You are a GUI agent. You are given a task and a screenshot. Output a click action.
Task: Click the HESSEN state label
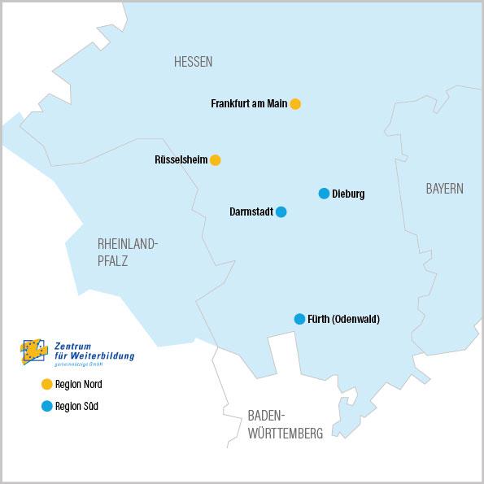pos(193,62)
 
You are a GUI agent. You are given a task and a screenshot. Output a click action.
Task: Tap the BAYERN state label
pos(444,189)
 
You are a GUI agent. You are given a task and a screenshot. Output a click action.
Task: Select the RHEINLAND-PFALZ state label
pos(127,251)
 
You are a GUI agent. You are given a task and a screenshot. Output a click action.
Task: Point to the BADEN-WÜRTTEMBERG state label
pos(285,425)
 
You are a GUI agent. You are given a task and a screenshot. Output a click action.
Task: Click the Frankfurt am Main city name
pos(249,104)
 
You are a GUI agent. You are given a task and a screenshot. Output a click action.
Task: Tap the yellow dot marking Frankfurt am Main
pos(295,104)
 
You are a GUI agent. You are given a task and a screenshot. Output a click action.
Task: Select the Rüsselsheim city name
pos(181,160)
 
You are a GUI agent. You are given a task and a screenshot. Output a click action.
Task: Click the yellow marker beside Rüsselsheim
pos(215,160)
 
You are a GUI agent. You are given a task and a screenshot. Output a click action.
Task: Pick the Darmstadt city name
pos(251,212)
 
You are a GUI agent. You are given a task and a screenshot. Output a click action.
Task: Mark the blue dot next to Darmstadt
pos(281,211)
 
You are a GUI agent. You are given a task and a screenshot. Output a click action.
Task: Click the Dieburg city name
pos(348,194)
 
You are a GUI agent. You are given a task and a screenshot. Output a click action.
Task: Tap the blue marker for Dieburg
pos(324,194)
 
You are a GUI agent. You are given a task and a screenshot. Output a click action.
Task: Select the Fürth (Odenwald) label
pos(343,320)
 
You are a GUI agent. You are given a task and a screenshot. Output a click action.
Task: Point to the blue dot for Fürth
pos(299,319)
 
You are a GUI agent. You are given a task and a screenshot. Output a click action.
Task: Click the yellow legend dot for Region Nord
pos(46,384)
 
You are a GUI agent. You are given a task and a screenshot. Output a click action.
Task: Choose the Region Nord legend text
pos(79,385)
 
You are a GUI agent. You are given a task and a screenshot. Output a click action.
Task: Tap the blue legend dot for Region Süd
pos(46,406)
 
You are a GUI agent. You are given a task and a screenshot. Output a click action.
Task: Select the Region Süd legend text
pos(77,407)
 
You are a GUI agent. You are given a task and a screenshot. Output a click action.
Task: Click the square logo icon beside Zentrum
pos(34,351)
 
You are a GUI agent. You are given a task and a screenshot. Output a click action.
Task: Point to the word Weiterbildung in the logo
pos(102,355)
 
